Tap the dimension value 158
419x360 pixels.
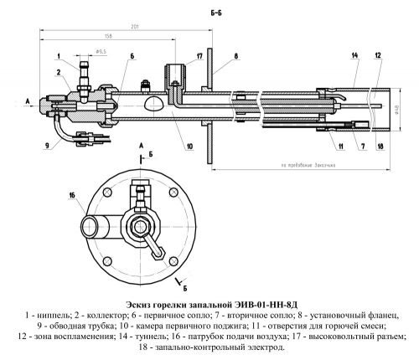tap(109, 37)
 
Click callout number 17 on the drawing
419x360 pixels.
tap(199, 56)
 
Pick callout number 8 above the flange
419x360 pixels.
tap(236, 56)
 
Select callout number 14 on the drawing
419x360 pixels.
tap(354, 56)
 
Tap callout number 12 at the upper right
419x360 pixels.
tap(378, 56)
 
